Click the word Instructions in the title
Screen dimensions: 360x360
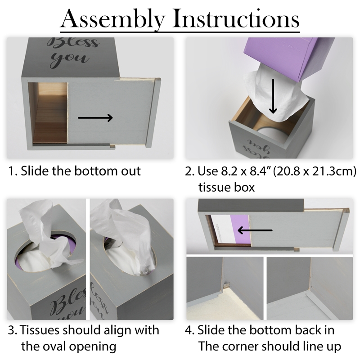pos(237,18)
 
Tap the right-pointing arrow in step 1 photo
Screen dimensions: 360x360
pos(95,118)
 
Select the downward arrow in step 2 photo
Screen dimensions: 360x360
pos(273,96)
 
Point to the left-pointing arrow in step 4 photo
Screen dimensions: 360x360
pos(255,230)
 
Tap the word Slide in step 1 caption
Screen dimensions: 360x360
pos(35,171)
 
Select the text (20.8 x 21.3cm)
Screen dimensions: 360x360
pos(315,171)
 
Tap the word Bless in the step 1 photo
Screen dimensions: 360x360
pos(73,43)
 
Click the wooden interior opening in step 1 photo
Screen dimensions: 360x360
pos(50,113)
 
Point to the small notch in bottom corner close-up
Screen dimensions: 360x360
pos(227,284)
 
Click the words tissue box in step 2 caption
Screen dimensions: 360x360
pos(227,187)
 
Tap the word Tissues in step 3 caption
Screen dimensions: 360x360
pos(40,330)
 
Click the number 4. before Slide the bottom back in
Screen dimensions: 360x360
pos(189,330)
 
